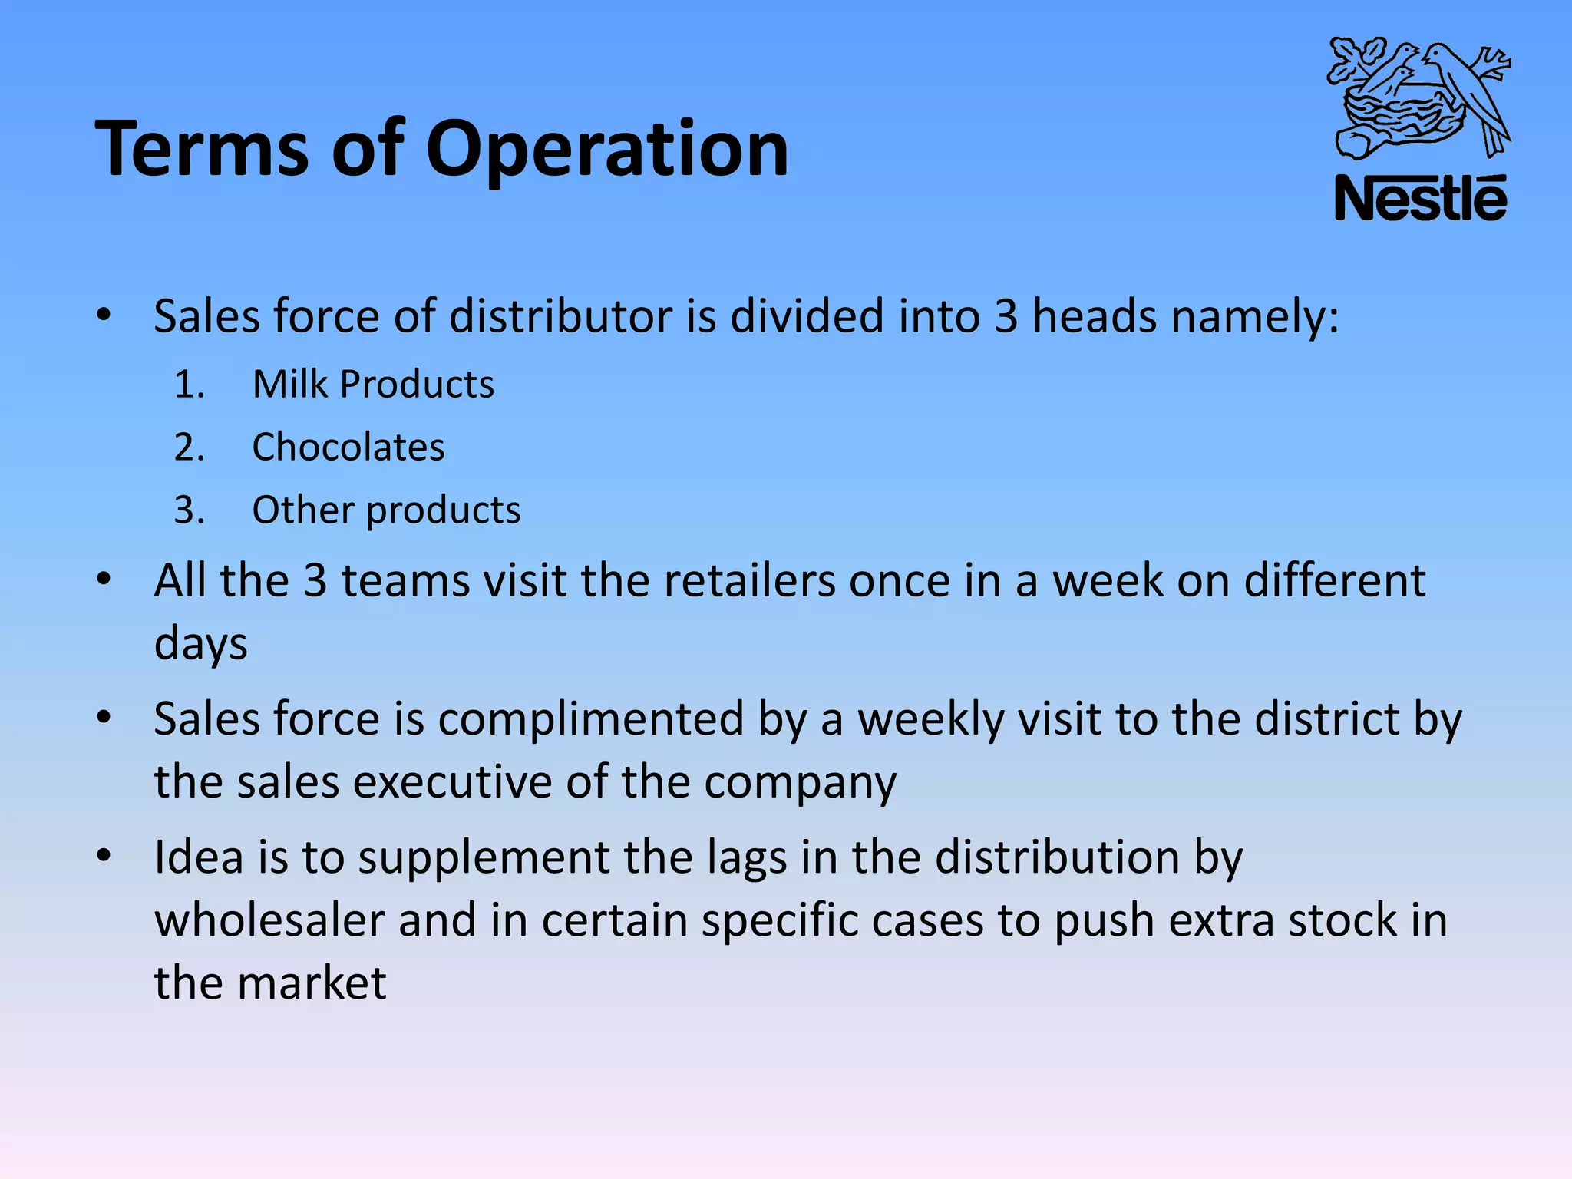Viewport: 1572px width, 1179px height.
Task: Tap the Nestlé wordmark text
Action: [1420, 199]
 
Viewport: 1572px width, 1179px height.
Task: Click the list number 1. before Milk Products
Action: [189, 384]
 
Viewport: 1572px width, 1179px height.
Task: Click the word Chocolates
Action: [348, 447]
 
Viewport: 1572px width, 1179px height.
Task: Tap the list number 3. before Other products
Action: [189, 510]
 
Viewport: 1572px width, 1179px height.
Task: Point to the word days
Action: [200, 643]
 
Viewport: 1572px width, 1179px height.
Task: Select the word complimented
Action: [591, 719]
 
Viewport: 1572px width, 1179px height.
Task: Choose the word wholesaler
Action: [269, 920]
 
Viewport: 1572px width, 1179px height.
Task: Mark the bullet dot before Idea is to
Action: [104, 855]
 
